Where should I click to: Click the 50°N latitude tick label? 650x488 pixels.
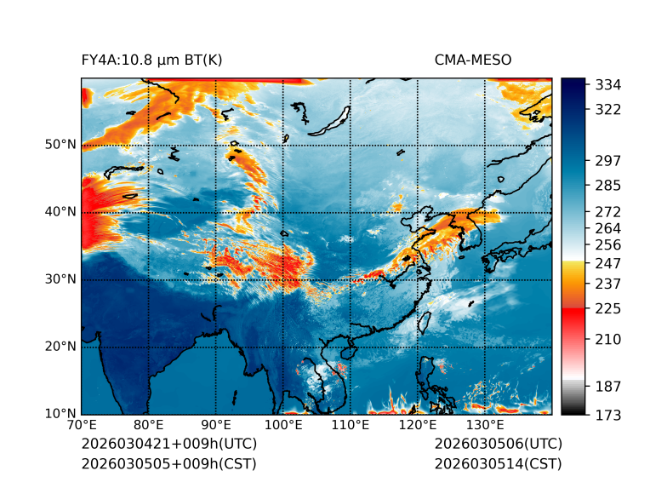(60, 145)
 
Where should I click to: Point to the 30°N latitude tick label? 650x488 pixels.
(60, 279)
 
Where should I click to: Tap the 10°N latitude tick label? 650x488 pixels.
(60, 414)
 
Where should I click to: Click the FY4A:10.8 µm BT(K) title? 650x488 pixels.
(151, 60)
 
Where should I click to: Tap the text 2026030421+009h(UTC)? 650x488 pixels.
(168, 444)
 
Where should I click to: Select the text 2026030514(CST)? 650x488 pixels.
(498, 463)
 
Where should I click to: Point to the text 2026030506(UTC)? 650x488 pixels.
(498, 444)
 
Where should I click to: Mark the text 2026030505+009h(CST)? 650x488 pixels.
(168, 463)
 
